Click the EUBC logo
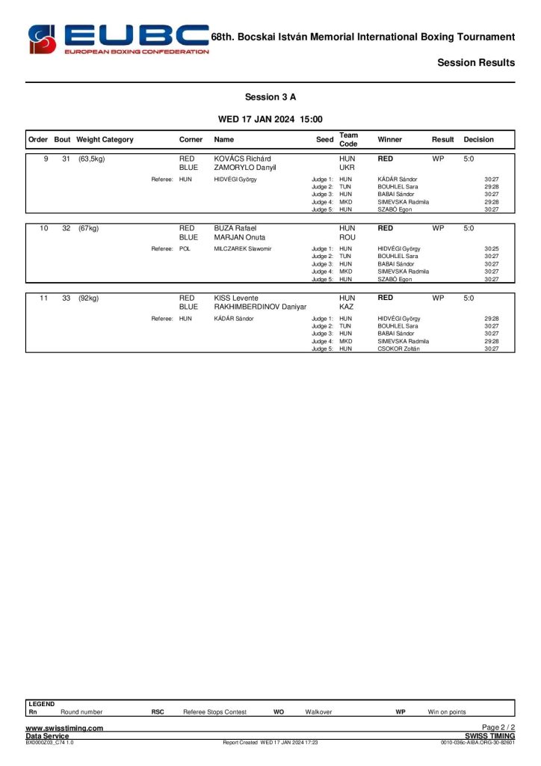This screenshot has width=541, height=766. click(x=118, y=39)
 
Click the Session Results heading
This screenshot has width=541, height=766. click(x=476, y=63)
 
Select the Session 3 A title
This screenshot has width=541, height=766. click(x=270, y=97)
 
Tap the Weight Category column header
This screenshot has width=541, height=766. click(x=105, y=140)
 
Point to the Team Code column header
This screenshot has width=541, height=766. click(x=348, y=140)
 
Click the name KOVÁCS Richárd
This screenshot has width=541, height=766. click(x=242, y=159)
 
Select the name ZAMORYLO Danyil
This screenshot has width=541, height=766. click(x=245, y=168)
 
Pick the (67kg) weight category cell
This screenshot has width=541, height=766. click(x=89, y=228)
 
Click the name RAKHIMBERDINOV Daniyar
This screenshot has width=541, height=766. click(x=260, y=307)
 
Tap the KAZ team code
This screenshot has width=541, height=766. click(x=347, y=307)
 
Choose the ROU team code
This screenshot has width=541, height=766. click(x=347, y=238)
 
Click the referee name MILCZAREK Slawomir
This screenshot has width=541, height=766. click(x=242, y=248)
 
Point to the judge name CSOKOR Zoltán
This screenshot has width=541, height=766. click(x=398, y=349)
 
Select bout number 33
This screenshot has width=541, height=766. click(x=66, y=298)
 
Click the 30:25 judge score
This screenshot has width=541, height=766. click(x=491, y=248)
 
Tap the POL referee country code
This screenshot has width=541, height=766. click(x=185, y=248)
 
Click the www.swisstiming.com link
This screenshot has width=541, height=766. click(x=64, y=728)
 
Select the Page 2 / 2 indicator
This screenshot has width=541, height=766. click(x=498, y=728)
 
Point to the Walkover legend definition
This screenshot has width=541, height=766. click(x=318, y=712)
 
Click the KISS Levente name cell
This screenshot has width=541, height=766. click(x=236, y=298)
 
